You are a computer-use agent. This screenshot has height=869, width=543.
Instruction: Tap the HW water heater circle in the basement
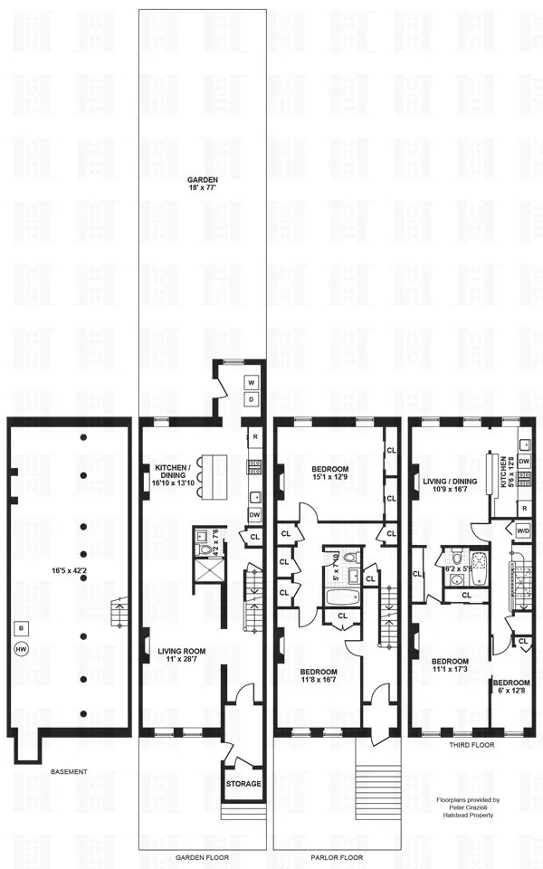coord(20,648)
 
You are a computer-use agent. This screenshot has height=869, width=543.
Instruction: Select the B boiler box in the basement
coord(20,627)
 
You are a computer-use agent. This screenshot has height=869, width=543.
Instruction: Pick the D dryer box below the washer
coord(252,399)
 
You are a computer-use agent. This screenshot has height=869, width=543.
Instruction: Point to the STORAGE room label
coord(243,783)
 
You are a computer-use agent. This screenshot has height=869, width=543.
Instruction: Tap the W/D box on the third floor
coord(522,530)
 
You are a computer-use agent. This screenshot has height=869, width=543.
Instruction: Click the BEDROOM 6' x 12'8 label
coord(512,686)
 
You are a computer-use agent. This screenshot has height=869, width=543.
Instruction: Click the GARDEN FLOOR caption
coord(202,857)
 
